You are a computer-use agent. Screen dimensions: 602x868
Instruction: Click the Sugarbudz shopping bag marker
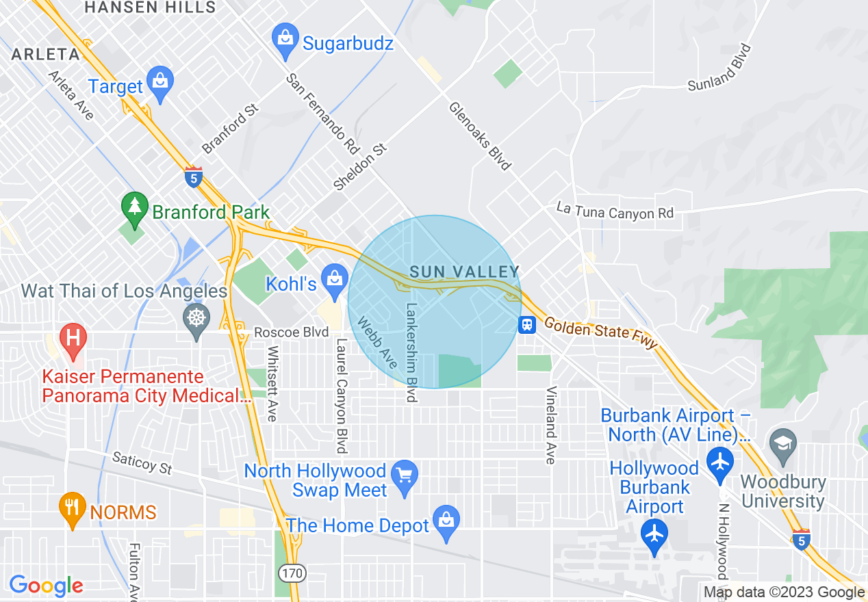click(x=283, y=41)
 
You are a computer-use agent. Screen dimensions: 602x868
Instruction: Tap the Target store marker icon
click(x=159, y=84)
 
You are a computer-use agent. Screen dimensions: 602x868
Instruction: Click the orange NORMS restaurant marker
click(x=73, y=510)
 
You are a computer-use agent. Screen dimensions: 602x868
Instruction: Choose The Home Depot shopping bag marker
click(x=446, y=523)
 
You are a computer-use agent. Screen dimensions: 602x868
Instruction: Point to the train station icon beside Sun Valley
click(x=526, y=324)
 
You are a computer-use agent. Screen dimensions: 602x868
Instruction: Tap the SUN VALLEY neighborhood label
click(x=465, y=272)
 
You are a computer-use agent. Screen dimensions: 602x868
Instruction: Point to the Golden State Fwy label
click(x=600, y=334)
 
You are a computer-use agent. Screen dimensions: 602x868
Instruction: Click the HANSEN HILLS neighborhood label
click(x=150, y=8)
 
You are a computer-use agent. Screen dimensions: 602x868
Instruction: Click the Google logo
click(x=46, y=586)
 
